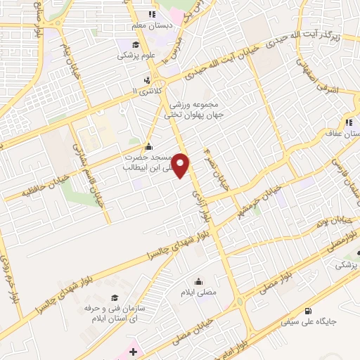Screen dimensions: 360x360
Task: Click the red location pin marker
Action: click(181, 165)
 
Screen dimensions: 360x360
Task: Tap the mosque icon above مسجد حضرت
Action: click(148, 147)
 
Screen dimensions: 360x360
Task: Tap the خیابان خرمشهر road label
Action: click(260, 198)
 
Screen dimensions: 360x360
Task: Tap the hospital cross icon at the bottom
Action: click(133, 348)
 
